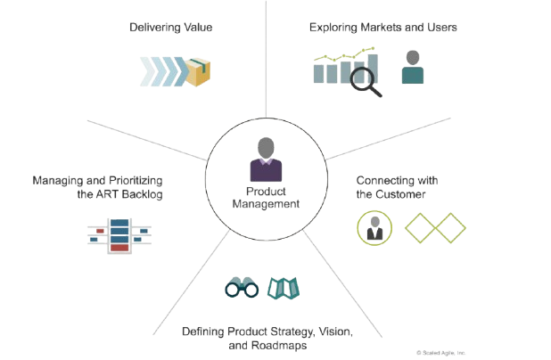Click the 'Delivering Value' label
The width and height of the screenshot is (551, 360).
171,28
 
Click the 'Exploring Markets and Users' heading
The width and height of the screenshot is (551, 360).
383,28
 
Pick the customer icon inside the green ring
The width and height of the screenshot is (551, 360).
372,226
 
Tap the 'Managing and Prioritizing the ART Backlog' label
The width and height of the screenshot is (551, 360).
99,187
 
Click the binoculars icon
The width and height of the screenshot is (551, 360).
241,288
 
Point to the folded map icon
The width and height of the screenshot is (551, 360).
284,288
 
